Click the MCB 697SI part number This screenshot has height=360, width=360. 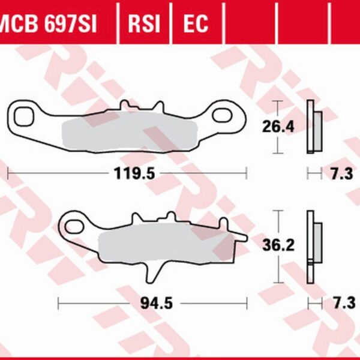[49, 23]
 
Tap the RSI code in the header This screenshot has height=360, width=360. [144, 23]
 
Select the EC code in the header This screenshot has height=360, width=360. [195, 23]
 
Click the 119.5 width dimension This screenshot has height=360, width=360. [135, 174]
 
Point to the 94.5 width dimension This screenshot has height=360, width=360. [160, 303]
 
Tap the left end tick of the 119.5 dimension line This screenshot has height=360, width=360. [8, 174]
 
